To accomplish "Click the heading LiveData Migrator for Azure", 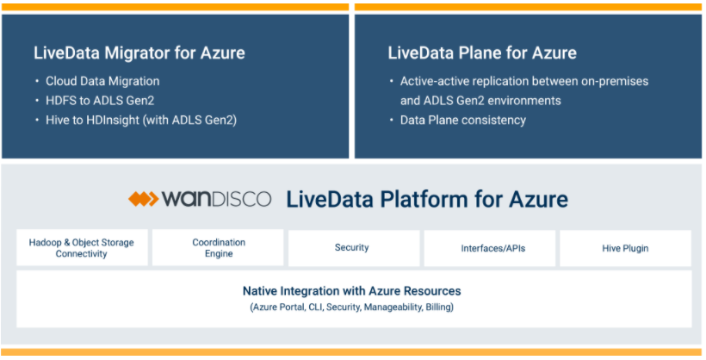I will pyautogui.click(x=139, y=53).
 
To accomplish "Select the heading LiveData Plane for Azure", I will pyautogui.click(x=482, y=53).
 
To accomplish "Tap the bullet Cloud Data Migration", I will pyautogui.click(x=102, y=81).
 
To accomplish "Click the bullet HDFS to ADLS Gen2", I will pyautogui.click(x=100, y=101).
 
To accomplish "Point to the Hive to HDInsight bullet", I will pyautogui.click(x=140, y=120).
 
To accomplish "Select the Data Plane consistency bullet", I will pyautogui.click(x=462, y=120).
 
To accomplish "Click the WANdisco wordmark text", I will pyautogui.click(x=216, y=200).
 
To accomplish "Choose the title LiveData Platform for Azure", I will pyautogui.click(x=426, y=200).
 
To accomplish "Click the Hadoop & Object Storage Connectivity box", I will pyautogui.click(x=82, y=248).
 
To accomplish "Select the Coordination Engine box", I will pyautogui.click(x=218, y=248).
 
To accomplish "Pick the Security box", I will pyautogui.click(x=352, y=248).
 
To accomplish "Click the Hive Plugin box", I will pyautogui.click(x=625, y=248).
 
